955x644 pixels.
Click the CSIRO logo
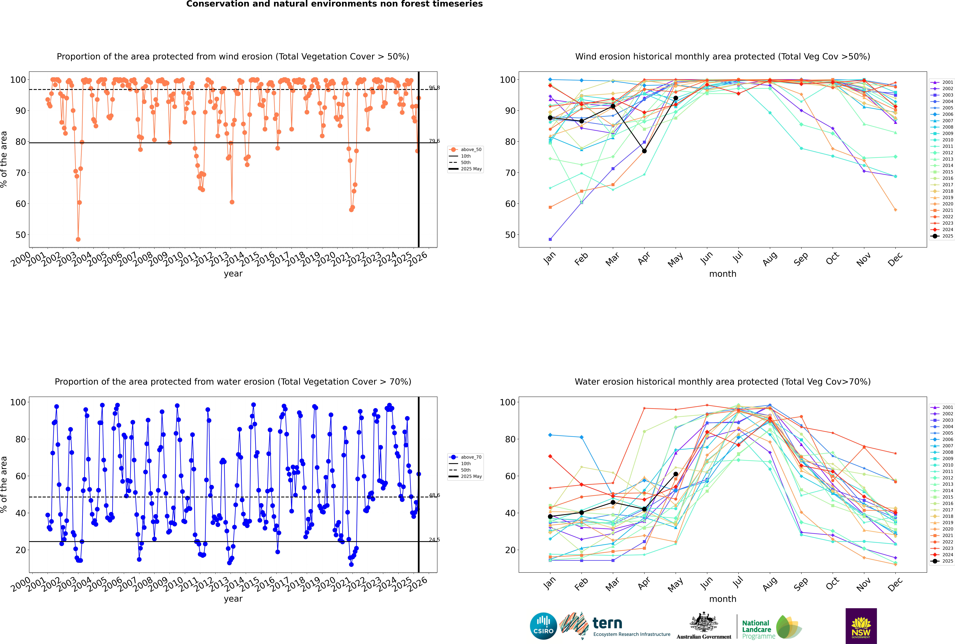pos(543,626)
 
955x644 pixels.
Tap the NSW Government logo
pos(861,626)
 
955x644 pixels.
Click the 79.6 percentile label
pos(434,141)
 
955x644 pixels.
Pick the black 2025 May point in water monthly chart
pos(675,474)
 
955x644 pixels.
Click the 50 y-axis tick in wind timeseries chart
pos(20,235)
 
